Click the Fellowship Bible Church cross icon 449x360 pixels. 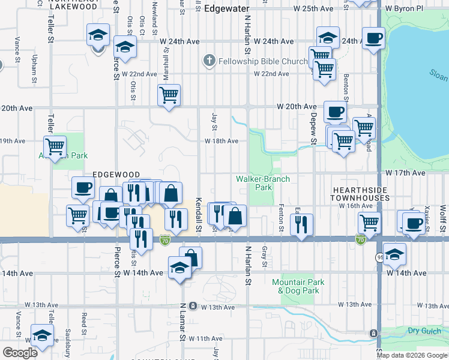click(x=209, y=61)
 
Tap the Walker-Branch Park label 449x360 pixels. click(x=262, y=183)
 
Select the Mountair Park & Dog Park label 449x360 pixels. click(x=298, y=286)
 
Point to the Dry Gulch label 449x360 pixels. click(x=422, y=330)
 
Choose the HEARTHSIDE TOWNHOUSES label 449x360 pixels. click(x=361, y=193)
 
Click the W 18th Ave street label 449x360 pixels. click(x=221, y=141)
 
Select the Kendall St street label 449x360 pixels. click(x=197, y=217)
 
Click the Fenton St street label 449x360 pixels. click(x=281, y=218)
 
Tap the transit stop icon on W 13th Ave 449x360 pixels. click(x=192, y=305)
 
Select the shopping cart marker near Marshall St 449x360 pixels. click(x=169, y=95)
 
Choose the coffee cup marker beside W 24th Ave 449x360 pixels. click(x=374, y=38)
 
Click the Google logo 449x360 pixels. click(x=20, y=353)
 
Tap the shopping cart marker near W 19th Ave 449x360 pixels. click(x=55, y=146)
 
